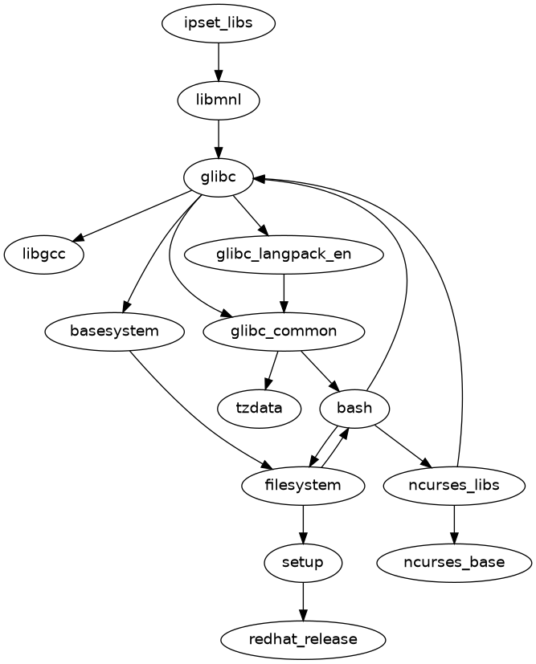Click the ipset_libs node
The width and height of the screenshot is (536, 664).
(219, 22)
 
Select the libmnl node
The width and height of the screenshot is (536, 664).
(219, 100)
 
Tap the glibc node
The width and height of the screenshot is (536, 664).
(219, 177)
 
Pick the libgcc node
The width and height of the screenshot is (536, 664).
(45, 255)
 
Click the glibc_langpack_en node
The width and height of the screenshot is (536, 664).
(284, 255)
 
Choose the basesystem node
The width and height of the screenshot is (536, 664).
(114, 331)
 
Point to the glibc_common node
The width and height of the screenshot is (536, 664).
(284, 331)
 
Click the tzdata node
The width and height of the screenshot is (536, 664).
(259, 408)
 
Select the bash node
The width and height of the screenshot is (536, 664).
(354, 408)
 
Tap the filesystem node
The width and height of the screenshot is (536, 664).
(303, 485)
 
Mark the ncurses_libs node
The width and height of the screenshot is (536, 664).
(454, 485)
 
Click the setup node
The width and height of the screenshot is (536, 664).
(303, 562)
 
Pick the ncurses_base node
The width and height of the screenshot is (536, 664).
(454, 562)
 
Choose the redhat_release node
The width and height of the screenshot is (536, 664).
(303, 639)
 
